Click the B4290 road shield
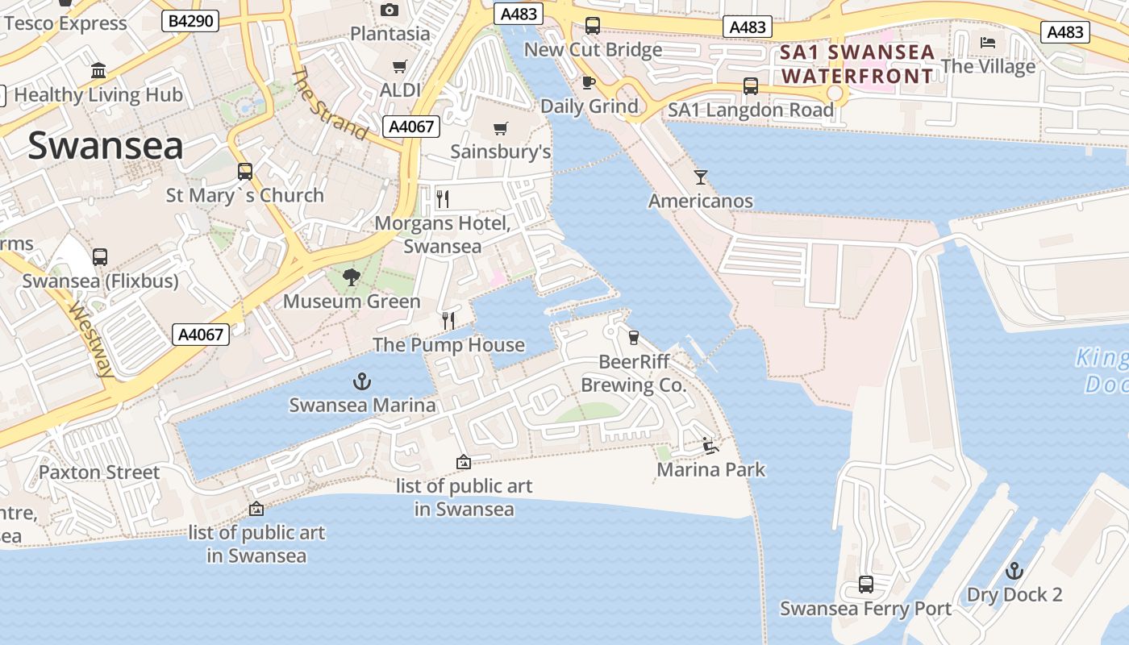tap(191, 20)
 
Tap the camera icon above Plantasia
tap(390, 10)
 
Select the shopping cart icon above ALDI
tap(399, 66)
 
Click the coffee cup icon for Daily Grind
tap(589, 82)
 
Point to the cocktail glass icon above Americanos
tap(701, 177)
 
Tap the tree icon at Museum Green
tap(351, 277)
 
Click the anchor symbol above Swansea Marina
tap(363, 381)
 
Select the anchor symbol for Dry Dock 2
tap(1014, 571)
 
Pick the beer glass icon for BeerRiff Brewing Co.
tap(633, 337)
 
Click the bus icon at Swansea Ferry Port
tap(865, 584)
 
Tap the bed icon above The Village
tap(988, 42)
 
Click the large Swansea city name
tap(106, 146)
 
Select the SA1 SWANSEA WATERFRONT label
tap(857, 64)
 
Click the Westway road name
tap(90, 339)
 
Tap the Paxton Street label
tap(99, 472)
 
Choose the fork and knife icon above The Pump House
tap(448, 321)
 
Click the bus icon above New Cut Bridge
tap(593, 25)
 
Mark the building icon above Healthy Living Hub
tap(98, 70)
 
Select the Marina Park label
tap(711, 469)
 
